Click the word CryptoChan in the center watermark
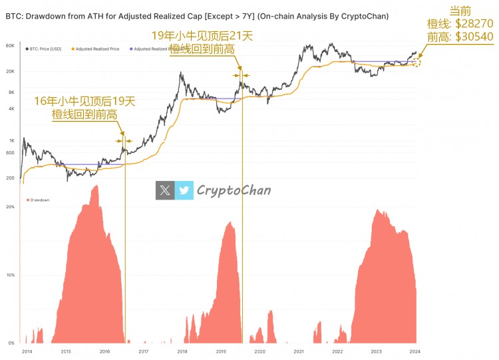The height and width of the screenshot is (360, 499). coord(234,190)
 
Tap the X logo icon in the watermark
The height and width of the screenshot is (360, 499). coord(165,190)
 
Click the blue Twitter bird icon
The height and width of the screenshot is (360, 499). coord(184,190)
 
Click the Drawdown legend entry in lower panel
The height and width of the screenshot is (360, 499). coord(38,200)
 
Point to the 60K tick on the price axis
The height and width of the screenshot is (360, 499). coord(10,45)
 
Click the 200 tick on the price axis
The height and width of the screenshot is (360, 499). coord(10,178)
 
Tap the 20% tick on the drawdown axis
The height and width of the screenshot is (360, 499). coord(10,207)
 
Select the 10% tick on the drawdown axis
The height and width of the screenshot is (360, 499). coord(10,275)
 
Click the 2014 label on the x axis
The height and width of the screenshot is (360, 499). coord(27,351)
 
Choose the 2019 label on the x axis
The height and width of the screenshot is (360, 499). coord(221,351)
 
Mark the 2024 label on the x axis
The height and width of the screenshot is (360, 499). coord(415,351)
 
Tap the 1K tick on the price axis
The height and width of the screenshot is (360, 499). coord(11,140)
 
